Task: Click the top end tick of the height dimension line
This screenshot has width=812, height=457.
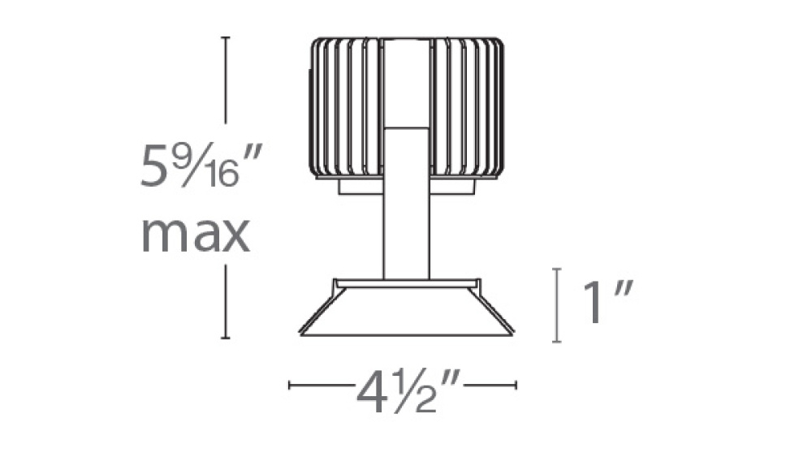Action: point(226,37)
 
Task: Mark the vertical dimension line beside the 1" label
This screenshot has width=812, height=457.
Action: point(556,304)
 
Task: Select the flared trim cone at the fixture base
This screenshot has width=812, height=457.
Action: point(406,313)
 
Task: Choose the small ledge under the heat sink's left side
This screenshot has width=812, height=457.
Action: point(357,187)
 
